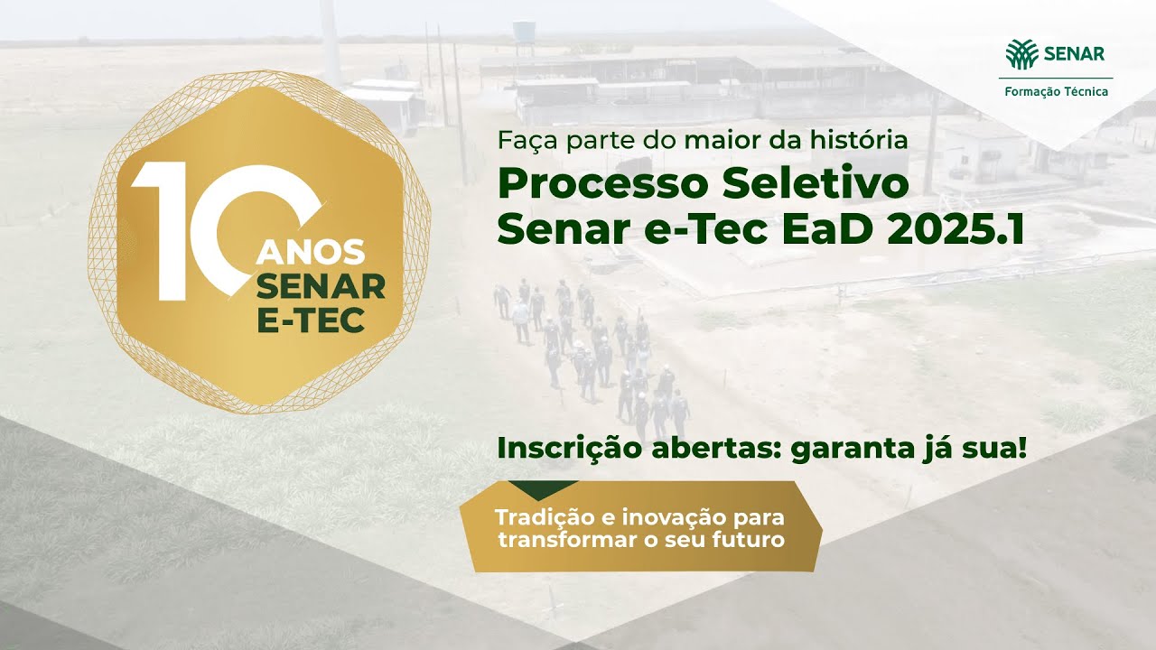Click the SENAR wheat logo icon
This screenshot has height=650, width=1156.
[x=1022, y=53]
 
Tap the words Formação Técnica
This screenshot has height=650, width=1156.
[x=1055, y=92]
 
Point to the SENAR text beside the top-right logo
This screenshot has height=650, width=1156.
[x=1074, y=53]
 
